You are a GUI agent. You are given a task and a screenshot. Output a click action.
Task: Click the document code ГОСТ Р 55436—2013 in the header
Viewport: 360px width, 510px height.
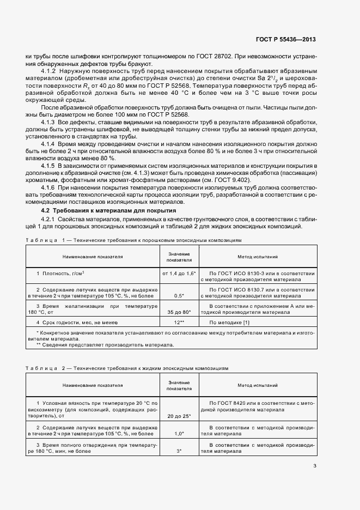point(286,40)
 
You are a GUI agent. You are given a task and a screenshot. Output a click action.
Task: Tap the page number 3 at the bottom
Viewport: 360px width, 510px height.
point(315,465)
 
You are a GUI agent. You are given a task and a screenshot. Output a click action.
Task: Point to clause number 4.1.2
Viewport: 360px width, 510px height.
point(49,71)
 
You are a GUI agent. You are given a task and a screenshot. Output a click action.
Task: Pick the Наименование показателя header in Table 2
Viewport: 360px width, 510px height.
point(92,385)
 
